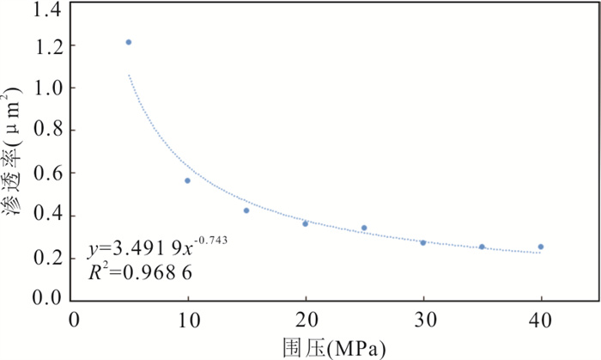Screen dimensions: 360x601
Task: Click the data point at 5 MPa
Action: (x=129, y=42)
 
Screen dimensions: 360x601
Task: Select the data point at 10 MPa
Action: (x=187, y=180)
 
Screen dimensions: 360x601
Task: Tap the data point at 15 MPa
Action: (x=246, y=211)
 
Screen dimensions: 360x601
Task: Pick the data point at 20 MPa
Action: (x=306, y=223)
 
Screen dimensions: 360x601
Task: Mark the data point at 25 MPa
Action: (x=364, y=228)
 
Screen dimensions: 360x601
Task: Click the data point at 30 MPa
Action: (x=423, y=242)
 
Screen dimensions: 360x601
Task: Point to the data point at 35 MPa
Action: (x=482, y=247)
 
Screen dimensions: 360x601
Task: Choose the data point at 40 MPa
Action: (x=541, y=247)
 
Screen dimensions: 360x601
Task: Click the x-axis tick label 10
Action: (x=187, y=320)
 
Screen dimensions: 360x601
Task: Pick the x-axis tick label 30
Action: (x=423, y=320)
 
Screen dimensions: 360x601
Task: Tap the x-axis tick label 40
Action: (x=541, y=320)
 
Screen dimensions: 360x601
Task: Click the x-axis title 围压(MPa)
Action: (x=335, y=347)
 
